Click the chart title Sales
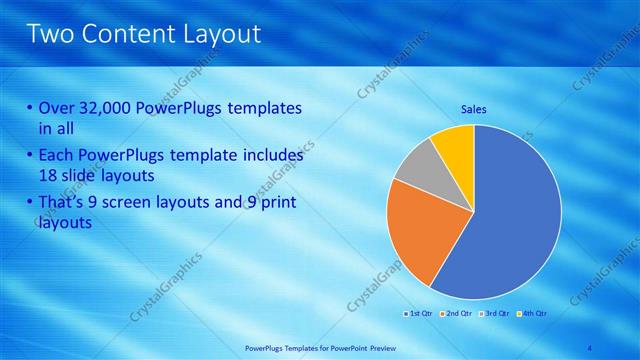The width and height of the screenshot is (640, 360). click(x=474, y=109)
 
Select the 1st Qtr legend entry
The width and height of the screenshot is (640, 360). click(x=419, y=314)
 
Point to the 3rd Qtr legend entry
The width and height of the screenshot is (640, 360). click(x=495, y=314)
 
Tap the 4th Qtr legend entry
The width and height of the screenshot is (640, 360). click(x=532, y=314)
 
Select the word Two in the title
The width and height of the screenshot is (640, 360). click(x=51, y=34)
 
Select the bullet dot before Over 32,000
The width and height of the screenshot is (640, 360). click(x=29, y=108)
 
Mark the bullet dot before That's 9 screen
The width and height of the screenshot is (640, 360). click(x=29, y=204)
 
